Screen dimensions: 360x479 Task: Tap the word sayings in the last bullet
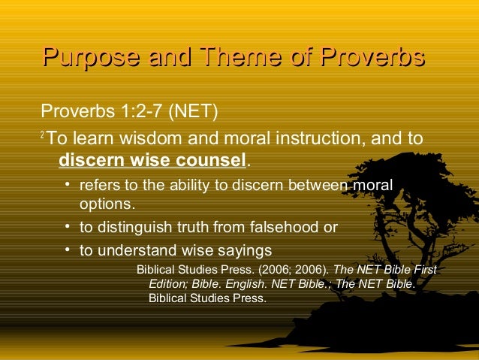pyautogui.click(x=243, y=251)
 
